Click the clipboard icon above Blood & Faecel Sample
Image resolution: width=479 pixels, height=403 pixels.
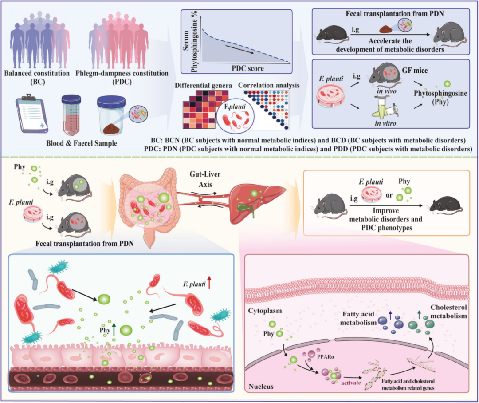[32, 114]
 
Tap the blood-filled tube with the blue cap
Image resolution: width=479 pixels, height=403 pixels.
[71, 115]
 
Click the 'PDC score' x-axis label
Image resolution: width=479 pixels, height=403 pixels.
[248, 68]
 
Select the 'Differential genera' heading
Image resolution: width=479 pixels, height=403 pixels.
[203, 85]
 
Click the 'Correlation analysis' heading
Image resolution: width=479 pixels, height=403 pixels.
[269, 85]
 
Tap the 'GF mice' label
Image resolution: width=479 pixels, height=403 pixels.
[415, 70]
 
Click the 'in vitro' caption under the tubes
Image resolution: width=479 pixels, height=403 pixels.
[385, 123]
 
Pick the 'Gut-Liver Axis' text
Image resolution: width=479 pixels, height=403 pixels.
[205, 179]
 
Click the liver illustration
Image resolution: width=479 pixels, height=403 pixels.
[257, 200]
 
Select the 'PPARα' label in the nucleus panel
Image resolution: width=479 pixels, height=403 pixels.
[326, 356]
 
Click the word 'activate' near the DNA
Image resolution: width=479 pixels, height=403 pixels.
[351, 383]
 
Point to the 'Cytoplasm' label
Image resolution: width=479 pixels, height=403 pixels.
[265, 311]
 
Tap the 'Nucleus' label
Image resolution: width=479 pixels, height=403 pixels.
[261, 387]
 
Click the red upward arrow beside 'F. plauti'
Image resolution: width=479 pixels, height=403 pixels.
[209, 282]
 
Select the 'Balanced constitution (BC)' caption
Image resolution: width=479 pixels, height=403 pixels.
[37, 77]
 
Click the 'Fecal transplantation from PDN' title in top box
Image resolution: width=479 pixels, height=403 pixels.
[395, 13]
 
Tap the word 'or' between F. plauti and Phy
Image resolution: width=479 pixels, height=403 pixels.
[389, 195]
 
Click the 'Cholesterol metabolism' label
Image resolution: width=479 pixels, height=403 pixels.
[448, 312]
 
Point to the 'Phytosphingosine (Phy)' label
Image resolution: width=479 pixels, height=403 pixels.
[440, 97]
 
